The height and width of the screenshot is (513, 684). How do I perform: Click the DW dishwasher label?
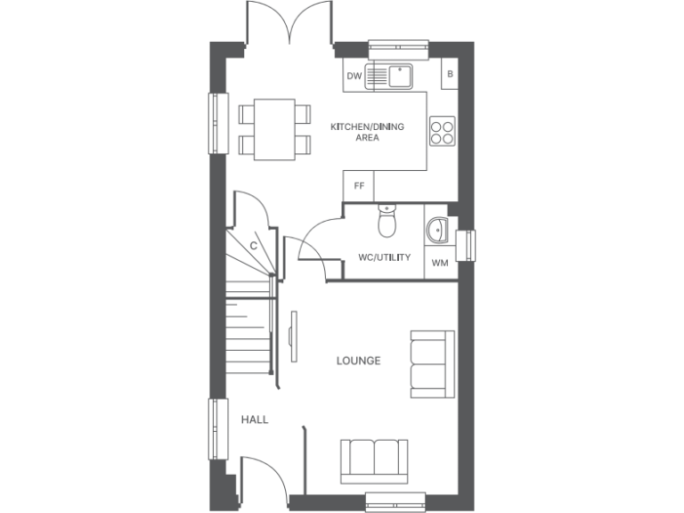354,77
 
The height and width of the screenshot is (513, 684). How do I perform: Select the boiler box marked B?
450,74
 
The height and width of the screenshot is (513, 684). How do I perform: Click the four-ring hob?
443,132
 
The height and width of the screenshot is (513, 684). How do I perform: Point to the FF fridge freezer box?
359,186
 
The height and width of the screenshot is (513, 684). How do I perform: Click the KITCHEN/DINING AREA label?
367,132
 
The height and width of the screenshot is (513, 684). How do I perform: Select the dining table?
274,129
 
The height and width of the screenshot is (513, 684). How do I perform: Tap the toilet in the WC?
386,224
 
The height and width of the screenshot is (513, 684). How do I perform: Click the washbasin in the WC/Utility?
436,232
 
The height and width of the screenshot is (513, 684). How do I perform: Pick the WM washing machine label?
440,263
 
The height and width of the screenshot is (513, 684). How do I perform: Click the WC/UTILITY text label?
384,257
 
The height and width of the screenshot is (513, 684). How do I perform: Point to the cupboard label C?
253,245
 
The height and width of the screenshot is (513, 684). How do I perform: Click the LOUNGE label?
358,361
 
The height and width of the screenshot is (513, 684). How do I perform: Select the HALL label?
254,419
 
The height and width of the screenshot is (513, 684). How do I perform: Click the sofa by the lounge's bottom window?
374,460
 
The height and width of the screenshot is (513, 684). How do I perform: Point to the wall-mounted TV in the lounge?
293,338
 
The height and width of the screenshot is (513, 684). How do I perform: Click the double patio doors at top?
289,23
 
